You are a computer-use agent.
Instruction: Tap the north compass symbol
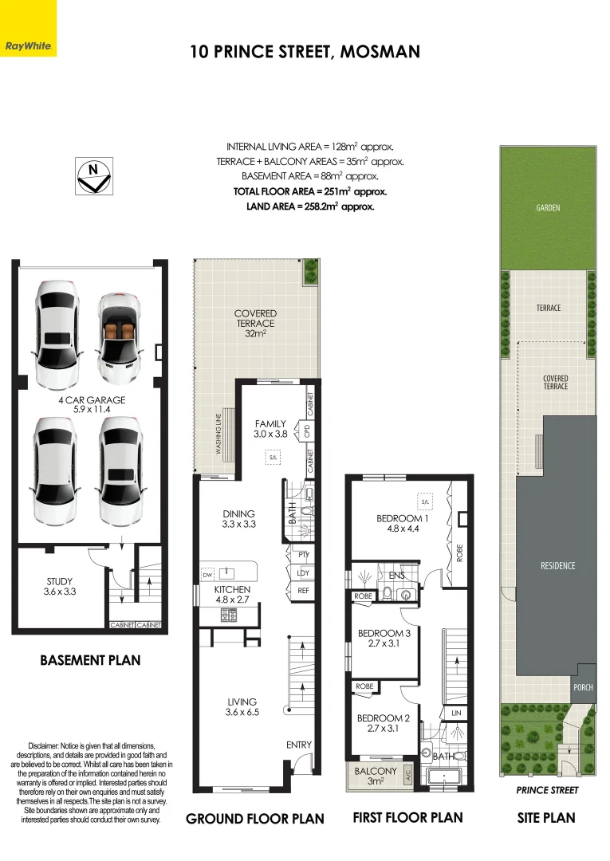(x=94, y=175)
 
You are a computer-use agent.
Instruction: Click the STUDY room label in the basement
(x=60, y=587)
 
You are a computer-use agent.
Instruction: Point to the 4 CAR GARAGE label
(x=92, y=405)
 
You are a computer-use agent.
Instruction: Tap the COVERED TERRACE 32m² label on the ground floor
(x=255, y=323)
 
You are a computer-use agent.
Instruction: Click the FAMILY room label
(x=270, y=429)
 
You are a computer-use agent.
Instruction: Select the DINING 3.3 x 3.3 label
(x=239, y=519)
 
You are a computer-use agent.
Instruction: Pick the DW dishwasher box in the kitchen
(x=207, y=574)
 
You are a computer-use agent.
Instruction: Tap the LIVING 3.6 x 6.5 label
(x=242, y=706)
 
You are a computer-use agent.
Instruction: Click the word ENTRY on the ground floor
(x=299, y=745)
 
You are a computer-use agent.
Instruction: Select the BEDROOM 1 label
(x=403, y=523)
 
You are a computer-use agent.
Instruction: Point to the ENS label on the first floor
(x=396, y=575)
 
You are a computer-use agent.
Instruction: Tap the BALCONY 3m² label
(x=376, y=776)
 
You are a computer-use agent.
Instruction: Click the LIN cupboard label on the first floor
(x=456, y=713)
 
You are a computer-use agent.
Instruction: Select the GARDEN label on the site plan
(x=548, y=207)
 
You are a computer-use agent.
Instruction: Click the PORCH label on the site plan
(x=583, y=687)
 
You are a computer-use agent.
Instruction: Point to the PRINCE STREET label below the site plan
(x=548, y=790)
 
